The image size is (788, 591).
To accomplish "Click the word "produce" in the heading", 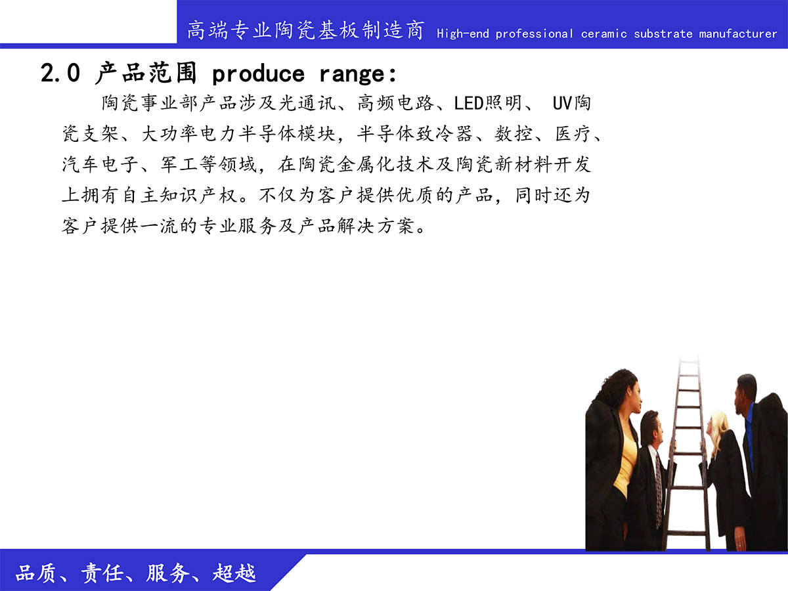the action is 258,75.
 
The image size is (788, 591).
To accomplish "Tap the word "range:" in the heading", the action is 358,75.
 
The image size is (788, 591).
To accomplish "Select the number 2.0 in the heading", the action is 60,73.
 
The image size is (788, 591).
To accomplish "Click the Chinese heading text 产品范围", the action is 146,73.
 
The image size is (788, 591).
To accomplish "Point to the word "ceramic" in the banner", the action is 604,33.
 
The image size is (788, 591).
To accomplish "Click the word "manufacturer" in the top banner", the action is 737,33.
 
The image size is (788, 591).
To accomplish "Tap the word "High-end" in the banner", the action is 463,33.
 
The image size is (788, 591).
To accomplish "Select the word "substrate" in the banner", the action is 663,33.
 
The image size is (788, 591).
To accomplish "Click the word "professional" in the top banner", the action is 534,34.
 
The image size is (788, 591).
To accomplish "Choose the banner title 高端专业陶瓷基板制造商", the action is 306,30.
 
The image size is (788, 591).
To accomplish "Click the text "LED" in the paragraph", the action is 469,103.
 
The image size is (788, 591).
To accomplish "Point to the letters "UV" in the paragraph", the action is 562,103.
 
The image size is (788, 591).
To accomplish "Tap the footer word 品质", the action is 35,573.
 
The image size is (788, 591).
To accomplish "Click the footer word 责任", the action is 102,573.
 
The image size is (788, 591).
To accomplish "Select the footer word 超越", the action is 234,573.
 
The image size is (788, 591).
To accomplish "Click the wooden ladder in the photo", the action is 687,453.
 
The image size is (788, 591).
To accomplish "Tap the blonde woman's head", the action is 718,427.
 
